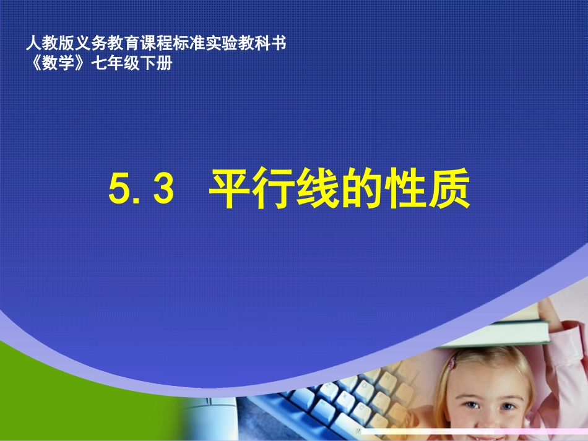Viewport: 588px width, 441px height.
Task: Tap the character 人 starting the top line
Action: click(33, 45)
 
